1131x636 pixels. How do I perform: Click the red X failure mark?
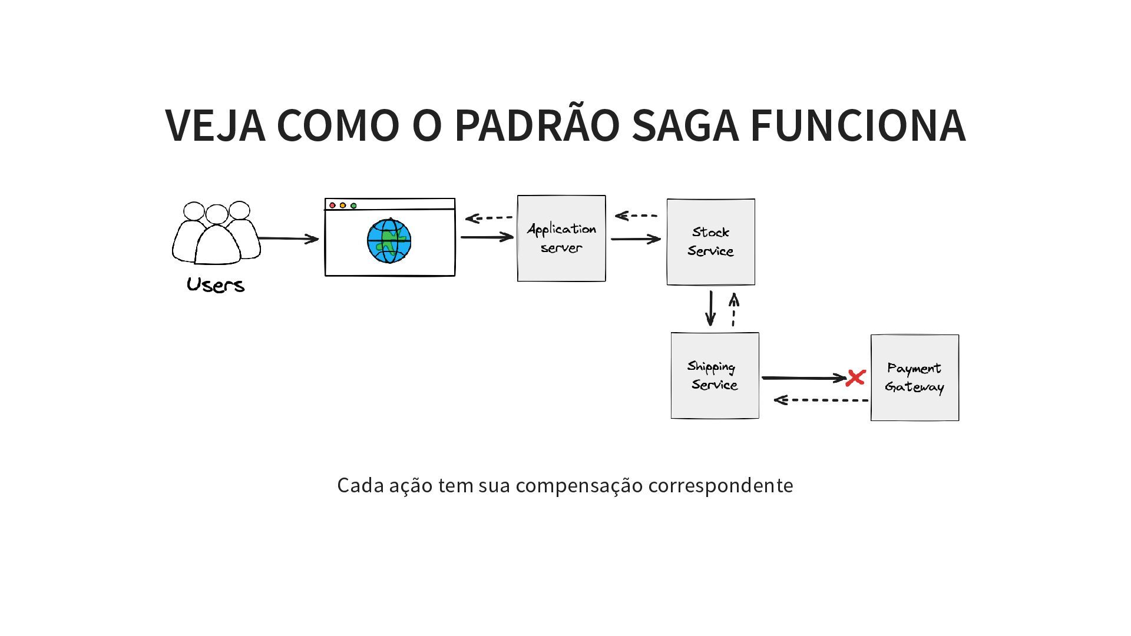click(x=855, y=378)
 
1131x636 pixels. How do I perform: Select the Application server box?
click(x=561, y=238)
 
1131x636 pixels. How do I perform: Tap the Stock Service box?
click(x=710, y=242)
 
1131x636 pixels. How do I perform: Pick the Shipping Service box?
click(x=715, y=376)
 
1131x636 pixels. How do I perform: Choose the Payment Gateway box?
click(x=914, y=377)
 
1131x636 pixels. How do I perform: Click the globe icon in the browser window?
click(x=389, y=241)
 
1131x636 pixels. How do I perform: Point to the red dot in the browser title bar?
click(x=332, y=206)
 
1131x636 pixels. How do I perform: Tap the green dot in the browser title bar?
click(x=353, y=206)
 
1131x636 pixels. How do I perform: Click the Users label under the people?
click(x=216, y=285)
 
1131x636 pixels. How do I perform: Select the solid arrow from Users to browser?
click(x=288, y=238)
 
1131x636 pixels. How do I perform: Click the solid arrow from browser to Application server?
click(x=487, y=237)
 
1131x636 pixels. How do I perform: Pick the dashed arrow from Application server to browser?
click(x=489, y=218)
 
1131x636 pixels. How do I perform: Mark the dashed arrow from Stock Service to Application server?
click(x=636, y=216)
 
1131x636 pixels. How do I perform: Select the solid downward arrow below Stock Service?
click(x=710, y=308)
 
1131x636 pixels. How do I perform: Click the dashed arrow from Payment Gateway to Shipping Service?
click(x=821, y=400)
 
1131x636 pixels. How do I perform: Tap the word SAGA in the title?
click(x=684, y=125)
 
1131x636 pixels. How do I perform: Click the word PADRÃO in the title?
click(x=537, y=125)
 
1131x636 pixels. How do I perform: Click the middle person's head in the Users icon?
click(x=217, y=214)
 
